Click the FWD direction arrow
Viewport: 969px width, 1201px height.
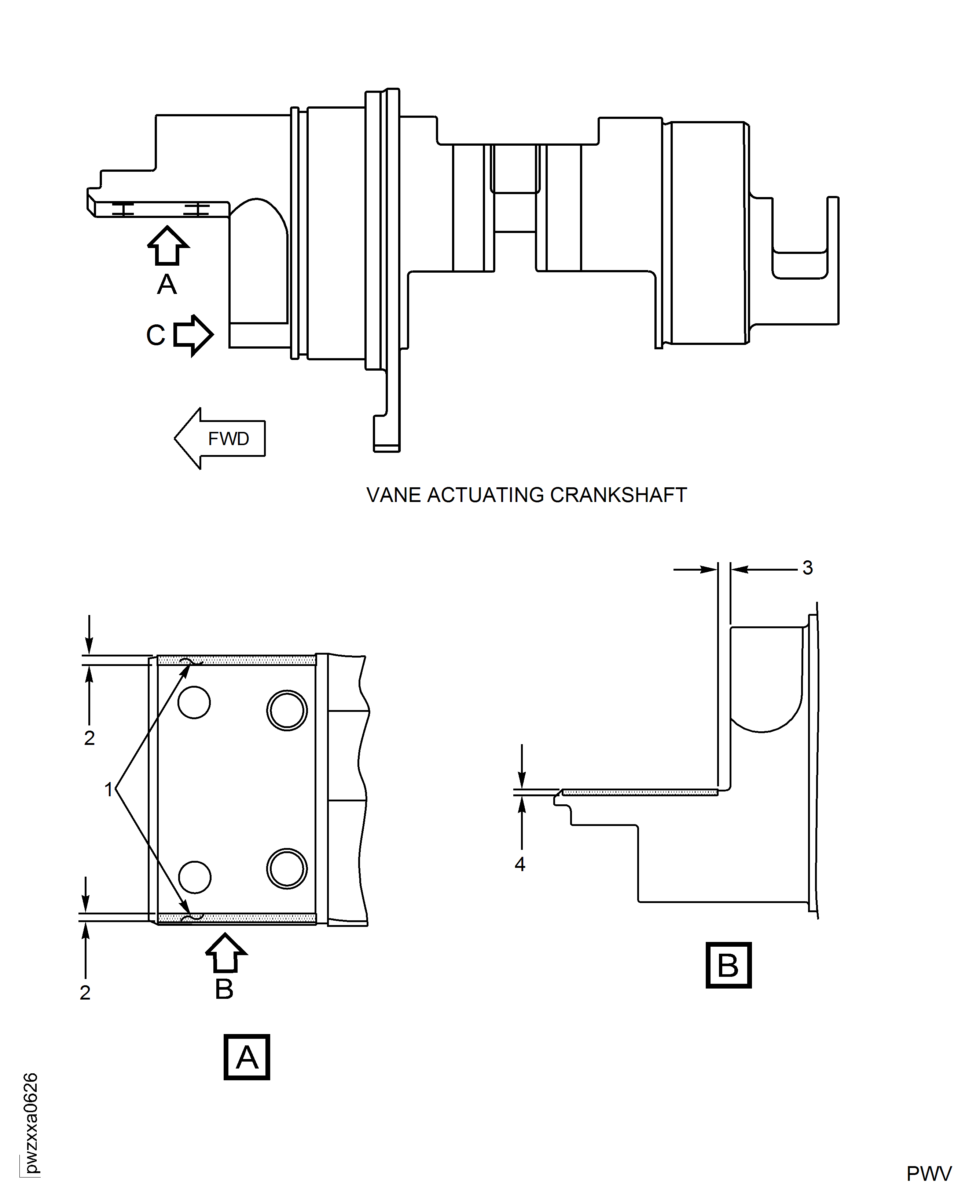(220, 438)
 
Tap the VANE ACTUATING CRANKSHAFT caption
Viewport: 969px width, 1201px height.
(526, 495)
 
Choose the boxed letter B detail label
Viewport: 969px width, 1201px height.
(728, 965)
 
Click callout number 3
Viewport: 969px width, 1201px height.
(807, 568)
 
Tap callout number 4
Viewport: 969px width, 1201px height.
(520, 864)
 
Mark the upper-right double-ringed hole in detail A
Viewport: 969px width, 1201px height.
(287, 710)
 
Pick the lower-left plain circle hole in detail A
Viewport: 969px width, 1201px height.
(194, 877)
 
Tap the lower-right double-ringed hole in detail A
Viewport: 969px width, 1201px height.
(287, 869)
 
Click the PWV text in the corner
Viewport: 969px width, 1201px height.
(929, 1173)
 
